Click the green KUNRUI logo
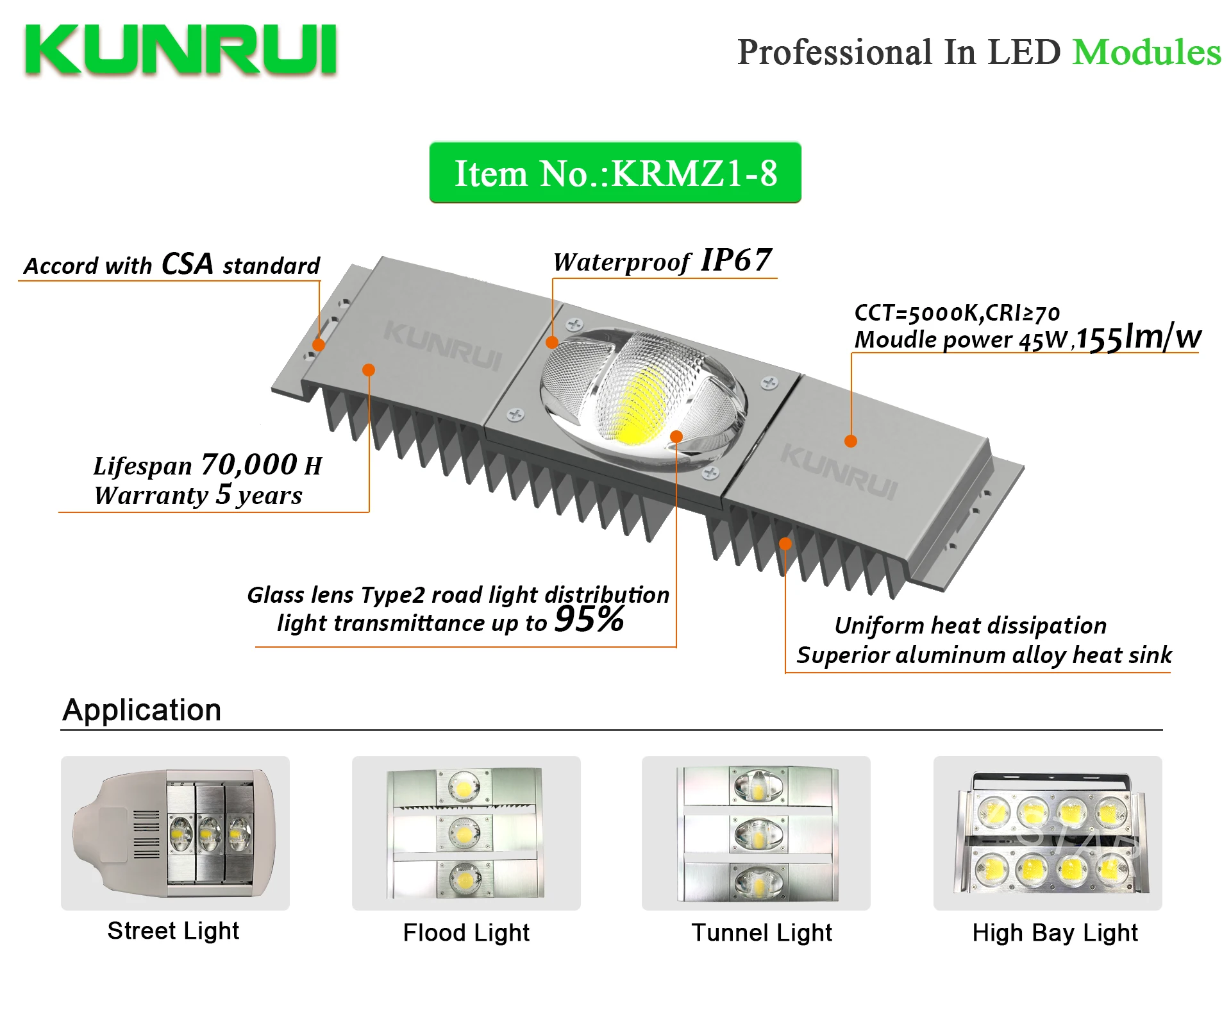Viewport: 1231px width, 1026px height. tap(181, 50)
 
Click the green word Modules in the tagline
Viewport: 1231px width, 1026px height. tap(1146, 53)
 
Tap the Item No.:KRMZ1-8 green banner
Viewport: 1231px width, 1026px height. tap(615, 173)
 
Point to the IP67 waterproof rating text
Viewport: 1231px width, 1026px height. tap(736, 260)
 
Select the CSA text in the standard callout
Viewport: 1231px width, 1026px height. tap(187, 264)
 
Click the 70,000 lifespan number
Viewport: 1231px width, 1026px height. tap(249, 464)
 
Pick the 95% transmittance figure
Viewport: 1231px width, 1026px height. tap(589, 619)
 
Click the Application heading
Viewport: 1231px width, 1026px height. tap(142, 710)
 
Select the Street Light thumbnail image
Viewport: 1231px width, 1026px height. tap(175, 833)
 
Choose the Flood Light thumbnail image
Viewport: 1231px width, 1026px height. tap(466, 833)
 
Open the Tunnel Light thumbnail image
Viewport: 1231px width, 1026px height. tap(756, 833)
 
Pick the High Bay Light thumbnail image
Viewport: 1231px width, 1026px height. tap(1048, 833)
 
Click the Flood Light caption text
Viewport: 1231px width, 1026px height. tap(466, 933)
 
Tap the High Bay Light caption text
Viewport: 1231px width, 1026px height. tap(1055, 933)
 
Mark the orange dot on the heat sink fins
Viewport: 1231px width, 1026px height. tap(785, 544)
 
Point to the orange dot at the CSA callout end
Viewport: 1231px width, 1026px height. tap(319, 345)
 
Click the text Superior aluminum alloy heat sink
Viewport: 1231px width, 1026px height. tap(984, 655)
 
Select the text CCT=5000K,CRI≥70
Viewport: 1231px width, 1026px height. tap(957, 313)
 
